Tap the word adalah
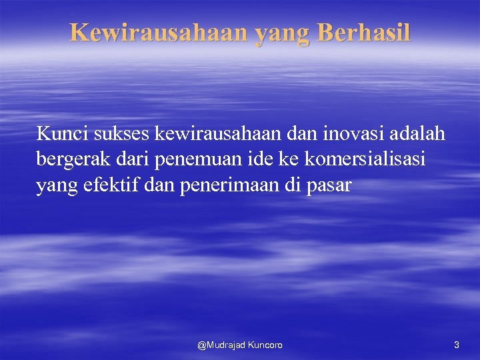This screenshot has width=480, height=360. tap(417, 134)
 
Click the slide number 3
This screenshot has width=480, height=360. tap(456, 345)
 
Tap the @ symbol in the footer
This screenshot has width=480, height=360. tap(202, 345)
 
